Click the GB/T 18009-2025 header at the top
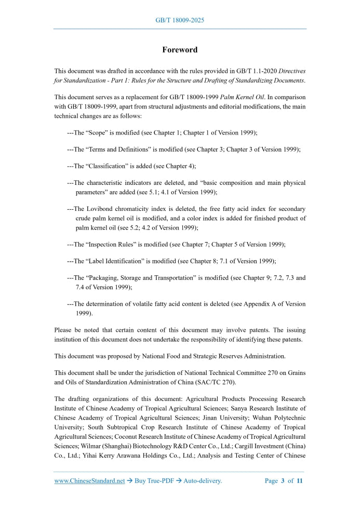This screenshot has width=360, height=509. point(180,20)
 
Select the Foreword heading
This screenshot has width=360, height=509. point(180,50)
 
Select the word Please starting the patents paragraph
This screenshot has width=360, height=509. point(64,330)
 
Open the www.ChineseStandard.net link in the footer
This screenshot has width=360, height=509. point(89,481)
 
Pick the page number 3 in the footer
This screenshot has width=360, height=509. point(283,481)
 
